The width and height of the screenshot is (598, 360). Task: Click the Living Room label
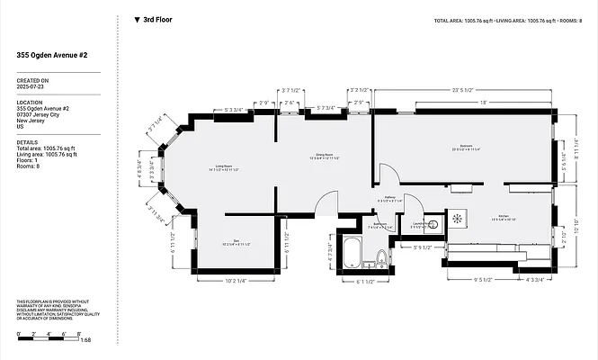point(225,167)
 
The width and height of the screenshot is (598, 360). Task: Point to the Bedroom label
point(465,147)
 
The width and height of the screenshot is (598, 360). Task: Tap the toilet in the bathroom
point(381,260)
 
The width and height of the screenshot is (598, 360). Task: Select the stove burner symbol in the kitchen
point(458,218)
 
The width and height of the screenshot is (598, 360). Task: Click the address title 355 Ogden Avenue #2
point(51,56)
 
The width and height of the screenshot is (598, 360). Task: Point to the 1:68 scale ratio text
point(86,339)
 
